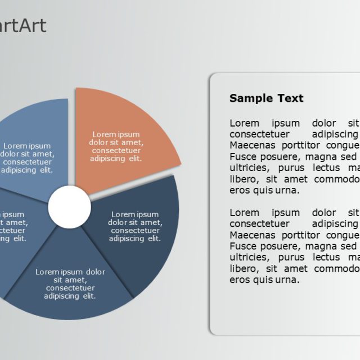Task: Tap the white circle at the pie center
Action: [69, 208]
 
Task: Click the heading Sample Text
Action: [266, 98]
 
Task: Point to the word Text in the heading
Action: [290, 98]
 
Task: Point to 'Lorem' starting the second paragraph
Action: [245, 213]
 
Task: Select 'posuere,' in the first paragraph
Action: [282, 157]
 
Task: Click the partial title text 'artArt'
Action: [22, 26]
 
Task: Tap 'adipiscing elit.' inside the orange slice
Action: [116, 159]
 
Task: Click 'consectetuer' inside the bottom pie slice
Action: [70, 288]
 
